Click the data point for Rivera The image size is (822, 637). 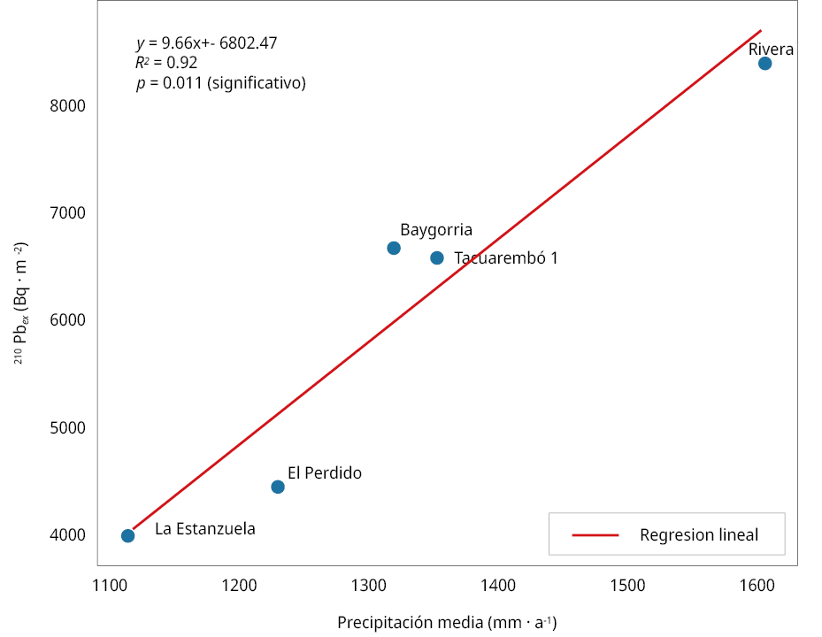(764, 63)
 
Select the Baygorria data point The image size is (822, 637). (394, 248)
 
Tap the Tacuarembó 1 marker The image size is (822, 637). (437, 257)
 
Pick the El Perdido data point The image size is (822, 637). (278, 487)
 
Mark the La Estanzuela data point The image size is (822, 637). (127, 535)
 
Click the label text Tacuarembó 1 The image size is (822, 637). (506, 258)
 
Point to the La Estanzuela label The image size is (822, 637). (204, 529)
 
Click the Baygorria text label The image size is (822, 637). (436, 230)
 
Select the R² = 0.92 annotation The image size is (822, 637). (166, 63)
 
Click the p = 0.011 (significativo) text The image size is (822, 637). (220, 83)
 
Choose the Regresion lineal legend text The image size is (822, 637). (698, 534)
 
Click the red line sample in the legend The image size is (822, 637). (595, 534)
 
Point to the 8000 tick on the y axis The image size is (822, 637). (67, 106)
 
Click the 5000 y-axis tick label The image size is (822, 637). (67, 427)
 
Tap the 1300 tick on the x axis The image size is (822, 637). (368, 585)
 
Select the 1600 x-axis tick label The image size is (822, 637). (757, 585)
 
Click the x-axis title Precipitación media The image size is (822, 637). (447, 622)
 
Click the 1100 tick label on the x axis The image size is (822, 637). (110, 585)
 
